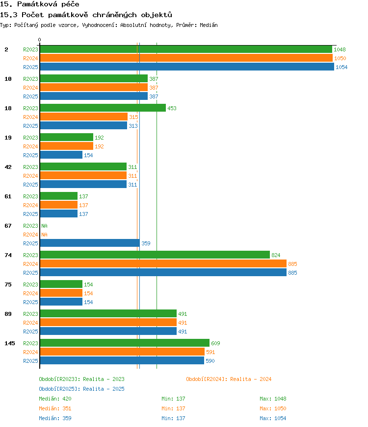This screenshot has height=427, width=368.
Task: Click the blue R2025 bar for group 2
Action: pos(187,67)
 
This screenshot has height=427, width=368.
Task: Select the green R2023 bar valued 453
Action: pos(103,108)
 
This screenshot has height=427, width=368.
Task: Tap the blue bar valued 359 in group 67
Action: pos(90,243)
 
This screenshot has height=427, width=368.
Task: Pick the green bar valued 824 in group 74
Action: pos(155,255)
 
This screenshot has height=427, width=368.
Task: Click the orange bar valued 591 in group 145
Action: pos(122,352)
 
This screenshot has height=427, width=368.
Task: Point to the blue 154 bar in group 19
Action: pos(61,155)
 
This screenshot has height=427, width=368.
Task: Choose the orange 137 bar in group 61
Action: pos(59,205)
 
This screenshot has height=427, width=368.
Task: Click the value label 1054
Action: pos(342,67)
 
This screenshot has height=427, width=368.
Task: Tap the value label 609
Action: pos(215,343)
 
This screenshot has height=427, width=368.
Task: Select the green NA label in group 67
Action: pos(44,226)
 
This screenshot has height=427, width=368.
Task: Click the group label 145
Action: pos(10,343)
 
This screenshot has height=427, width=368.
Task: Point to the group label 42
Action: pos(8,167)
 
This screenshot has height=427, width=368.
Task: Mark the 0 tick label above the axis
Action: pos(40,40)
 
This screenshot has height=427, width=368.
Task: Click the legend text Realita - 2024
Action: pos(251,379)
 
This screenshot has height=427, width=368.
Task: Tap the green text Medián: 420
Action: pos(55,399)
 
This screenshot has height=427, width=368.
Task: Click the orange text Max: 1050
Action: pos(273,408)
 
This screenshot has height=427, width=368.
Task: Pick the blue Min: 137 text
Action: pos(173,418)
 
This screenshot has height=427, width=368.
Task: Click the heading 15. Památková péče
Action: pos(40,4)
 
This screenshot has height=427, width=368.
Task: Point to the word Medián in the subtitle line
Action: pos(209,25)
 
